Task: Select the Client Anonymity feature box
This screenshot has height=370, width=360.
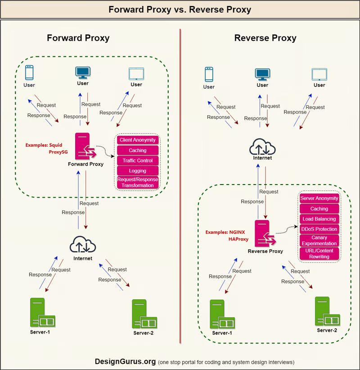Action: (x=138, y=140)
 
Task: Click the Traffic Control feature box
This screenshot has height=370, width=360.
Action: (x=138, y=161)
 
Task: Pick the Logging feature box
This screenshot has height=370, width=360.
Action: (x=138, y=171)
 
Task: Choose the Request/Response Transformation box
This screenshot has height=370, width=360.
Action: (x=138, y=182)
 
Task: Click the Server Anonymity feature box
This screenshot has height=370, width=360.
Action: (x=319, y=199)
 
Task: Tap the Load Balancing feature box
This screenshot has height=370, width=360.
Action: (x=319, y=219)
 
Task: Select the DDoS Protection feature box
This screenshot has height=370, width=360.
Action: (x=319, y=230)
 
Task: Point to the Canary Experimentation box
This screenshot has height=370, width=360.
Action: (x=319, y=241)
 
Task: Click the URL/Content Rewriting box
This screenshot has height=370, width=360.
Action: (x=319, y=254)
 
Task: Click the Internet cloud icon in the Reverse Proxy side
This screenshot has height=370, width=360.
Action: (x=263, y=146)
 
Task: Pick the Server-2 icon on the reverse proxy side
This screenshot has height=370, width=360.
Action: (x=327, y=312)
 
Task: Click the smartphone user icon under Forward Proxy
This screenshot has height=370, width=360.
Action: (x=29, y=73)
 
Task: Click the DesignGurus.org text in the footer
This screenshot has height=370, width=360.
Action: (x=125, y=361)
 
